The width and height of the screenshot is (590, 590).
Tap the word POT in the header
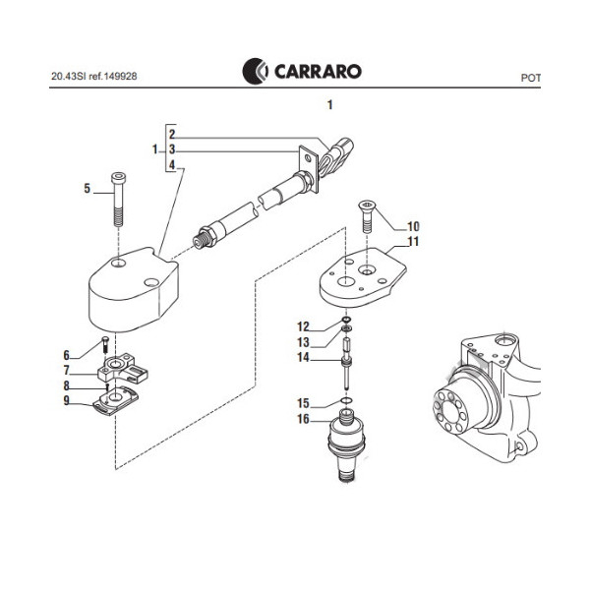tap(532, 76)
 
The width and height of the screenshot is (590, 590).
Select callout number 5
tap(86, 188)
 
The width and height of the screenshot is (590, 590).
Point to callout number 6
tap(67, 355)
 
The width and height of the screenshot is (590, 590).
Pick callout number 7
tap(67, 371)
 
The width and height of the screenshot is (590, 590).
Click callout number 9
tap(67, 400)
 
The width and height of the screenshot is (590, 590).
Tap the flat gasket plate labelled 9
tap(117, 401)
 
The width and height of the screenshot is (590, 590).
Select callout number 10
tap(413, 225)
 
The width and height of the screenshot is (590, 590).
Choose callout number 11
tap(413, 241)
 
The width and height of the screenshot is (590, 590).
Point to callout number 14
tap(304, 358)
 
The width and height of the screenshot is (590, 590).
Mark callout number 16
tap(304, 419)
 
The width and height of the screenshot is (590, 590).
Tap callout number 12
tap(304, 325)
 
